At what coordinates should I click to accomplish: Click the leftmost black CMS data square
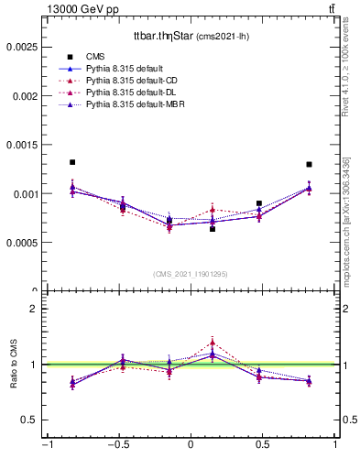[x=72, y=162]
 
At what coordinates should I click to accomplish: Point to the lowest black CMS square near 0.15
[x=213, y=229]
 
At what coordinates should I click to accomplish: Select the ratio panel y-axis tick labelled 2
[x=34, y=309]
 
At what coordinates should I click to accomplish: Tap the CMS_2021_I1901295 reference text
[x=191, y=274]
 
